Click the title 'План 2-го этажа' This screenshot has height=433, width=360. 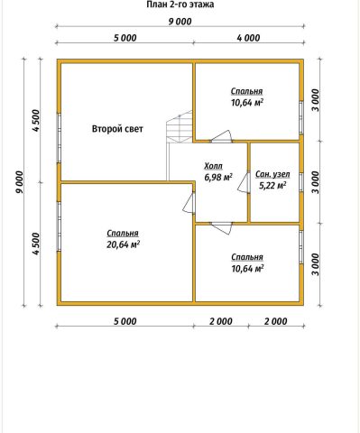180,5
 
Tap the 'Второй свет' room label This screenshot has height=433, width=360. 117,129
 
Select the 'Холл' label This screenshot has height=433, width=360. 213,166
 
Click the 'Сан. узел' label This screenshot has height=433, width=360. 272,174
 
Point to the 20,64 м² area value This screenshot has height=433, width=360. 123,244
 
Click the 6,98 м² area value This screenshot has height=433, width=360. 218,178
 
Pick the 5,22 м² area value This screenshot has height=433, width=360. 272,186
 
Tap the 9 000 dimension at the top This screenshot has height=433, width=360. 180,22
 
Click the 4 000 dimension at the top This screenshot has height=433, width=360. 248,38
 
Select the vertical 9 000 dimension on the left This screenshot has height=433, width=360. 19,182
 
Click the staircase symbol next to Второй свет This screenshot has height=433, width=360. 180,126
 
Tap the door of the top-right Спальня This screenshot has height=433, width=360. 221,136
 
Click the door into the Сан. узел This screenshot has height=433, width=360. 244,182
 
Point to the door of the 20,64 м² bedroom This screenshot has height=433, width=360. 189,203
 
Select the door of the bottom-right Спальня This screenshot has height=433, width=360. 222,228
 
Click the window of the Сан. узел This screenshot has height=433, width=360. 300,182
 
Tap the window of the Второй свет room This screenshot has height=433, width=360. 60,138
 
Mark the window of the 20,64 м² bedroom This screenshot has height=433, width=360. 60,226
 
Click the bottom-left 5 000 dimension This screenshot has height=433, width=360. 125,321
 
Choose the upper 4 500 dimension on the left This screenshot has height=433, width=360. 35,121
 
